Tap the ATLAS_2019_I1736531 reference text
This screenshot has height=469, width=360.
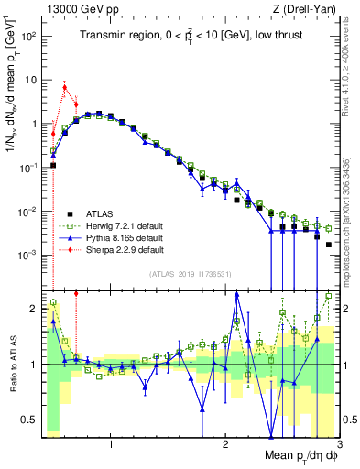(191, 274)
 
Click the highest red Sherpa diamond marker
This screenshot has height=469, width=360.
(64, 88)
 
